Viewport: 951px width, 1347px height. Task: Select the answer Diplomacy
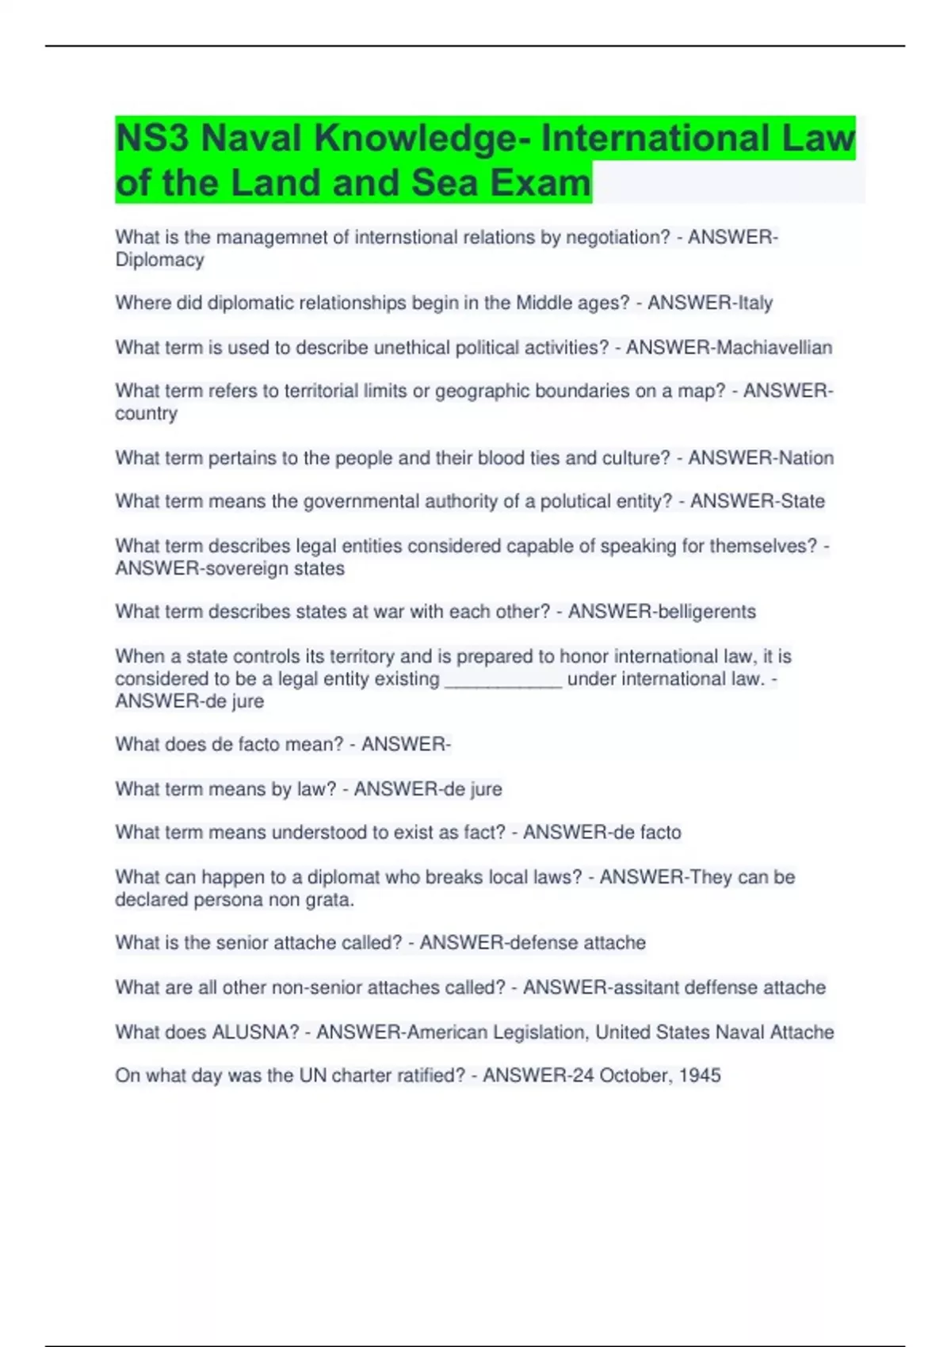point(159,260)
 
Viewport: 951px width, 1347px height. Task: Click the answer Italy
point(754,303)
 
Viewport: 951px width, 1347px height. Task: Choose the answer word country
point(146,414)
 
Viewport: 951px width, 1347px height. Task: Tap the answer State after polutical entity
point(803,502)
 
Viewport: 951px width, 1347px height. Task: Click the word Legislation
point(539,1032)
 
